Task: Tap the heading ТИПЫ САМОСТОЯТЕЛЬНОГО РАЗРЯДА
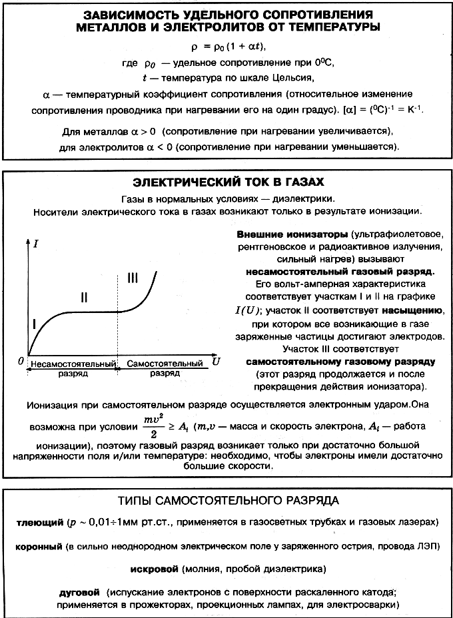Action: [x=227, y=499]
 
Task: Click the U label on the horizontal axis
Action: [x=216, y=361]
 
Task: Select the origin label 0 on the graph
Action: [x=21, y=360]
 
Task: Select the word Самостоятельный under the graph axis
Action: [x=165, y=364]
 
